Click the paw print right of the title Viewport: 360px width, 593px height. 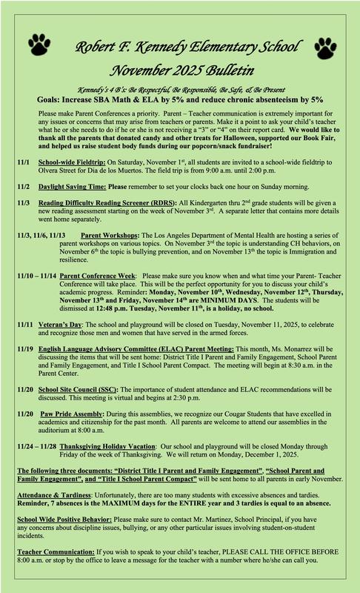coord(327,45)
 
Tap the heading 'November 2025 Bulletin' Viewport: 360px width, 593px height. coord(181,72)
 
